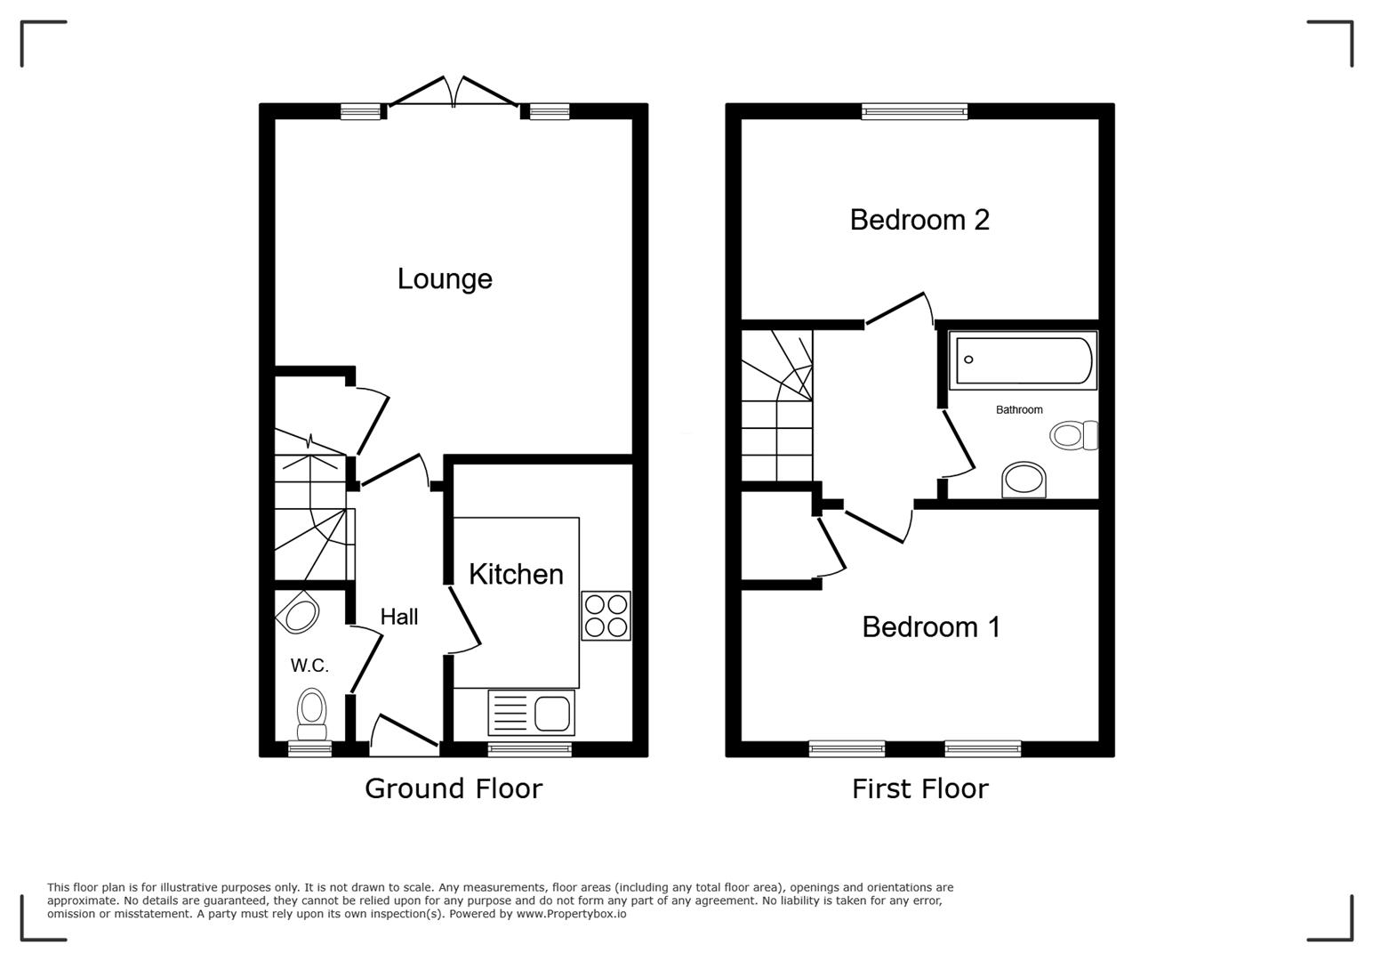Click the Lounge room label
click(x=445, y=279)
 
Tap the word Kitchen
click(x=516, y=575)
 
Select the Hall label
click(x=398, y=617)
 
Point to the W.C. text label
click(x=309, y=666)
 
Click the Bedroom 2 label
click(x=919, y=220)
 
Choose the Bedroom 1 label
click(x=931, y=627)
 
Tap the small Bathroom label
click(x=1019, y=410)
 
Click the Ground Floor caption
click(x=453, y=788)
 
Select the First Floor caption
click(x=919, y=788)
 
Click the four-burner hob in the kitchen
click(x=606, y=616)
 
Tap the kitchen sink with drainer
click(x=531, y=713)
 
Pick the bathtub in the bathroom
click(x=1023, y=360)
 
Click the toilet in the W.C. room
click(x=311, y=713)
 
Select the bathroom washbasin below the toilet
click(x=1024, y=480)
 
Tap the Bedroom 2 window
click(x=914, y=111)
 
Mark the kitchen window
click(x=529, y=749)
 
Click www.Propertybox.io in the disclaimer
click(x=571, y=914)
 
